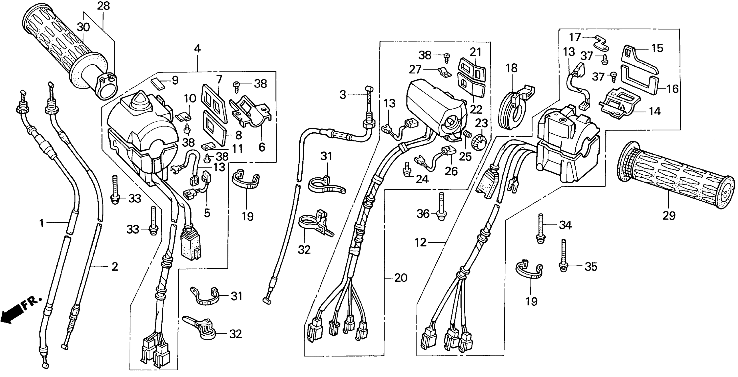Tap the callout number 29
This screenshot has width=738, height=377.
point(669,215)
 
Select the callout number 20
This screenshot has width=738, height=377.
point(401,277)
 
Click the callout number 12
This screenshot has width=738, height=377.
point(421,243)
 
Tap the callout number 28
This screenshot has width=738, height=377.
point(104,6)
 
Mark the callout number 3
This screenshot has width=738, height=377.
point(343,95)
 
